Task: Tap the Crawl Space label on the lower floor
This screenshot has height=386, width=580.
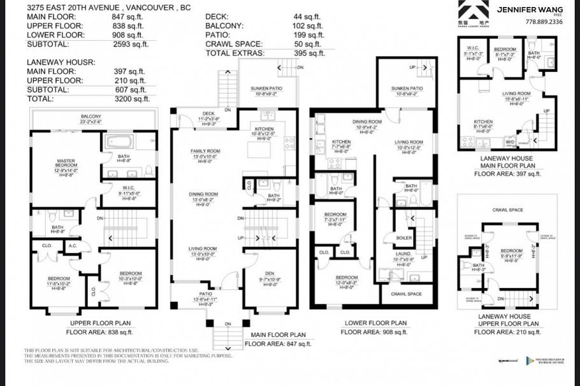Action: [x=405, y=294]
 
